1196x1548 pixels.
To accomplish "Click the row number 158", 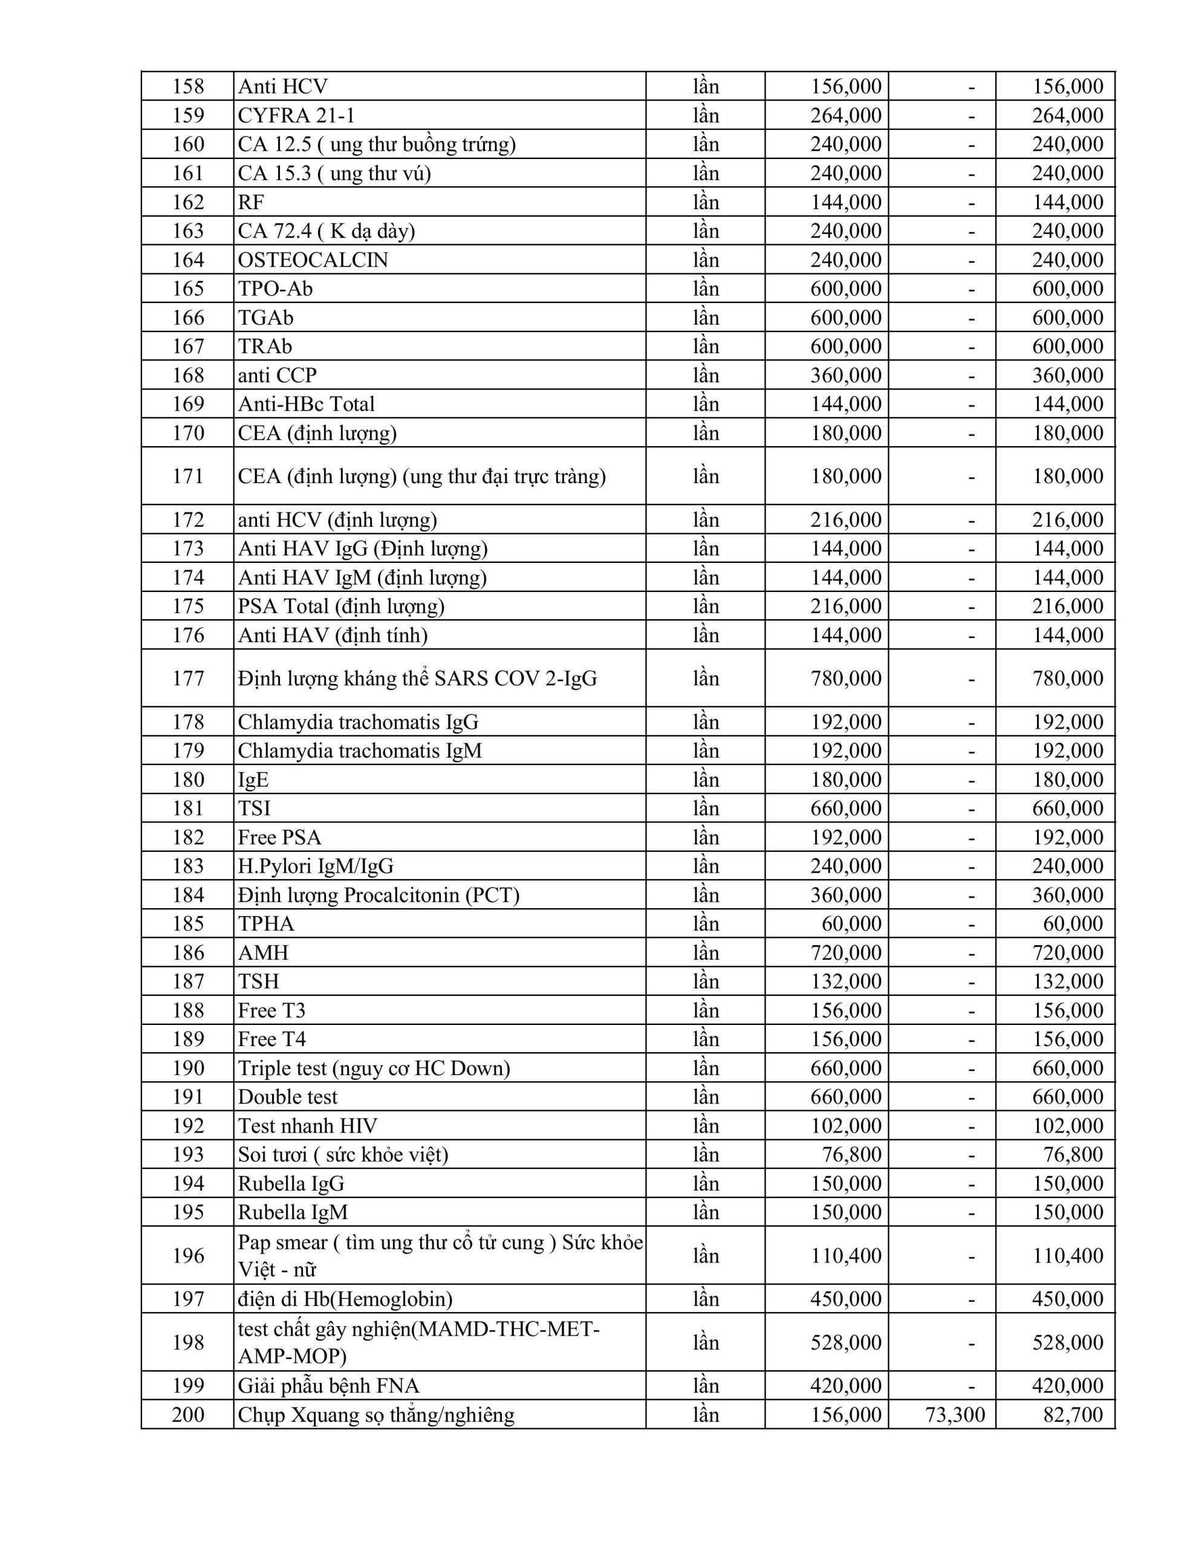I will [x=188, y=86].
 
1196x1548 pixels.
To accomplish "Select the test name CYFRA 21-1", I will [x=296, y=115].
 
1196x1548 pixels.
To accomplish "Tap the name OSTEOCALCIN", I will [x=313, y=260].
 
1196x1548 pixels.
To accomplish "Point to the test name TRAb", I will [x=265, y=346].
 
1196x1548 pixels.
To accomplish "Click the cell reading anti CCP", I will [x=277, y=375].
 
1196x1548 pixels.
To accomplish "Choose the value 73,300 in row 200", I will [x=954, y=1415].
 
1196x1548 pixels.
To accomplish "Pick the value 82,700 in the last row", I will [x=1073, y=1415].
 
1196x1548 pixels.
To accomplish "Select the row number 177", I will [x=188, y=678].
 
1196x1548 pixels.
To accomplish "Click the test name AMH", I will [x=263, y=952].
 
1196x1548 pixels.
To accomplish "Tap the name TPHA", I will [x=266, y=923].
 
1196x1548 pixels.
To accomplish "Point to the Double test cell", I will [x=288, y=1098].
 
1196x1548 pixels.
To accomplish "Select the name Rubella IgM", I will [x=293, y=1213].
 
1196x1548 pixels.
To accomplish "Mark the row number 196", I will [x=188, y=1256].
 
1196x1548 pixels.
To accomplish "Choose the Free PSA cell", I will [x=279, y=837].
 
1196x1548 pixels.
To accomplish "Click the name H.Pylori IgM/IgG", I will [x=316, y=866].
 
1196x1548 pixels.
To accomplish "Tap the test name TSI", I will [x=255, y=808].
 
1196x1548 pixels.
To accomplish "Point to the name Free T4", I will [x=271, y=1040].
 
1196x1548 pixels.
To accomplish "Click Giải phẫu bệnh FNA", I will [x=328, y=1386].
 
